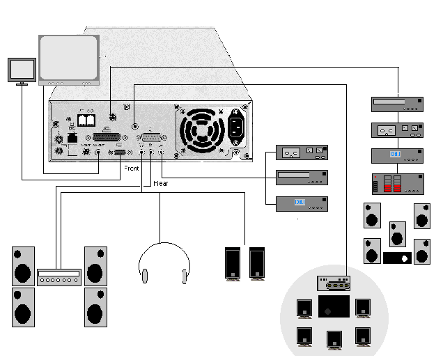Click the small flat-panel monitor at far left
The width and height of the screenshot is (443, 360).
click(22, 70)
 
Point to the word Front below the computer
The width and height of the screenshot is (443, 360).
click(131, 169)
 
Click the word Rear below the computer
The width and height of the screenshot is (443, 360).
click(160, 183)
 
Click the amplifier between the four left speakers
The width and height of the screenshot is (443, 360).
click(60, 276)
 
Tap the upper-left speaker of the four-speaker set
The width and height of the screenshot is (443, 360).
click(23, 264)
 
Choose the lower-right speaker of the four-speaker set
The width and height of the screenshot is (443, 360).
click(95, 306)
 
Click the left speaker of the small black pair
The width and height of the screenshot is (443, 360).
click(232, 263)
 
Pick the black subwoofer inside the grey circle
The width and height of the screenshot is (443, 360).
click(334, 307)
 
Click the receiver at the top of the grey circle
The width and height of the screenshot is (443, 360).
click(334, 283)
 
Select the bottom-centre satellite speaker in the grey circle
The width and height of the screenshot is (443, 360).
click(334, 339)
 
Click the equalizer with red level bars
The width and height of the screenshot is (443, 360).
click(396, 183)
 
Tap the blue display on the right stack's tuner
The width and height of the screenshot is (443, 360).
click(394, 154)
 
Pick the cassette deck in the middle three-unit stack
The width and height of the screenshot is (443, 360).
click(301, 152)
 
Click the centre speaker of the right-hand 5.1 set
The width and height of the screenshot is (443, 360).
click(397, 233)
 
